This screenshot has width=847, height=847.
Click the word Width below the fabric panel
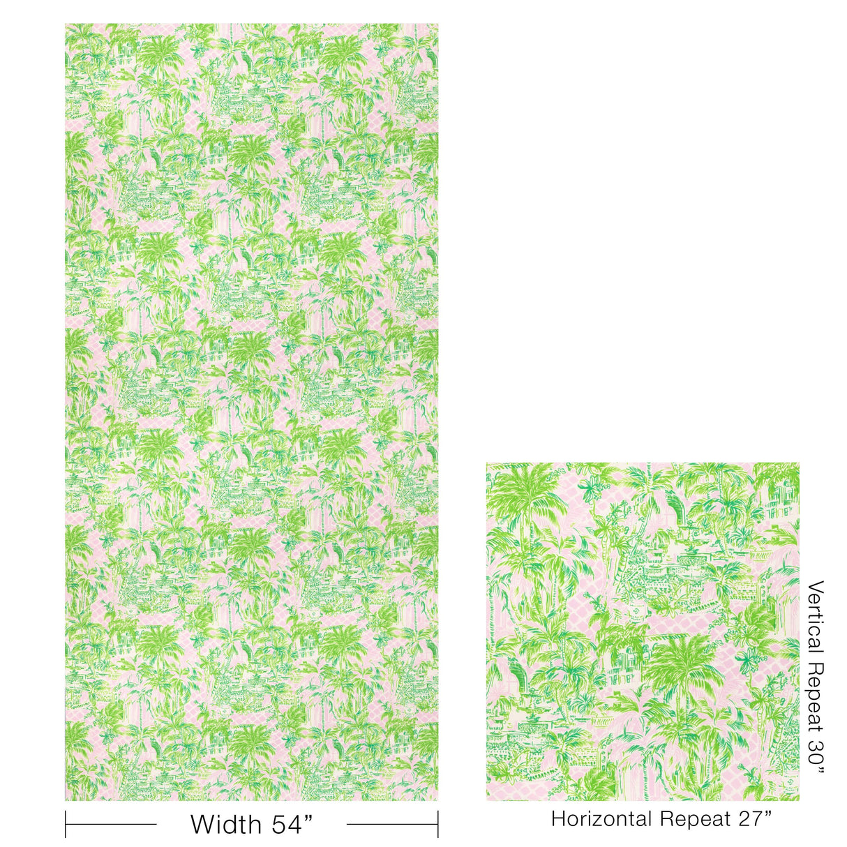click(x=225, y=824)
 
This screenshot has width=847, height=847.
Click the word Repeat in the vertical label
click(x=814, y=698)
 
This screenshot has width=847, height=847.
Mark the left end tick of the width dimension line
click(x=66, y=824)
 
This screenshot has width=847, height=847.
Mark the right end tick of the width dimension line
click(x=438, y=824)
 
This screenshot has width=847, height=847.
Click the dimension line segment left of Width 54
click(x=112, y=824)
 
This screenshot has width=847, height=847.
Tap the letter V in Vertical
click(x=814, y=587)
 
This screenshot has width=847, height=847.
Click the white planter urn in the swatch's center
click(x=637, y=613)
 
